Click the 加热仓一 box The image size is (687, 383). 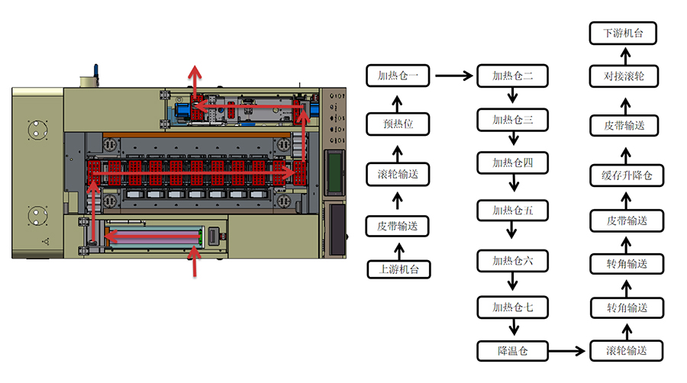point(398,76)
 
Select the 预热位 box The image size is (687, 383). point(398,124)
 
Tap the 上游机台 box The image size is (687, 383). point(398,269)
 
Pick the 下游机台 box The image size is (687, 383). point(624,33)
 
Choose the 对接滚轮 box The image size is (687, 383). point(624,76)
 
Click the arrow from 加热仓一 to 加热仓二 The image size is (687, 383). point(453,76)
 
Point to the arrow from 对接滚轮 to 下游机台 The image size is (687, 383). point(624,55)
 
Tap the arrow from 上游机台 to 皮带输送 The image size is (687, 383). point(398,249)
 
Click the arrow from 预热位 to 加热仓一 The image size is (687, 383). point(398,101)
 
